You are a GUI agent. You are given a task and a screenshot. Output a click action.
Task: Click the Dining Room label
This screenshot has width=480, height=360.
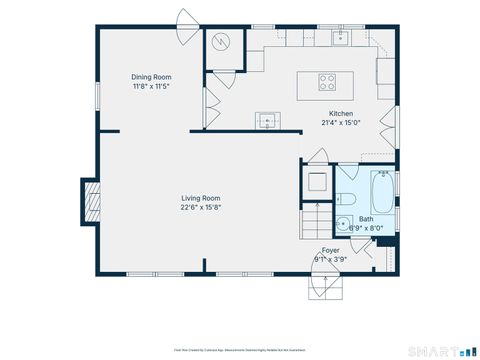152,77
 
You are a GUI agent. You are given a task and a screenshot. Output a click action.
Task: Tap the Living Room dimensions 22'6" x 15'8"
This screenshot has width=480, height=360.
200,208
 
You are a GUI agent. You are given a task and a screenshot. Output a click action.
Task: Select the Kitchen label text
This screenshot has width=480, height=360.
340,114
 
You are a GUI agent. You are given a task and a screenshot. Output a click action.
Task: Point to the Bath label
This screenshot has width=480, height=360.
366,219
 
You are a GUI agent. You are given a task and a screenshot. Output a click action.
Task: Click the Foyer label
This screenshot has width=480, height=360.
330,250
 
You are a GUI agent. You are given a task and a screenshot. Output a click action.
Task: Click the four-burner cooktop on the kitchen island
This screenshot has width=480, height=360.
327,83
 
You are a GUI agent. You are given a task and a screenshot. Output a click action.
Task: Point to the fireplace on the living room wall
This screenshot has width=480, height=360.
91,200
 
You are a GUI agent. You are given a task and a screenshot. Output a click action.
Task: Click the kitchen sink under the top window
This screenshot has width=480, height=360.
340,38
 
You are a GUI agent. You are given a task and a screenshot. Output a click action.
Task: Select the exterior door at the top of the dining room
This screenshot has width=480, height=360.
187,19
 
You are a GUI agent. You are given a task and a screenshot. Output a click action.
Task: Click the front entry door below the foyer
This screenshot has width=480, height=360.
329,284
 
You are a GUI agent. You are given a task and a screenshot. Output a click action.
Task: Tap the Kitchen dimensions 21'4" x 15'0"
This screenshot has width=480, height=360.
340,124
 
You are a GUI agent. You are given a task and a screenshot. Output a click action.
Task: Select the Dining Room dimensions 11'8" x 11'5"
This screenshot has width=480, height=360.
152,87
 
